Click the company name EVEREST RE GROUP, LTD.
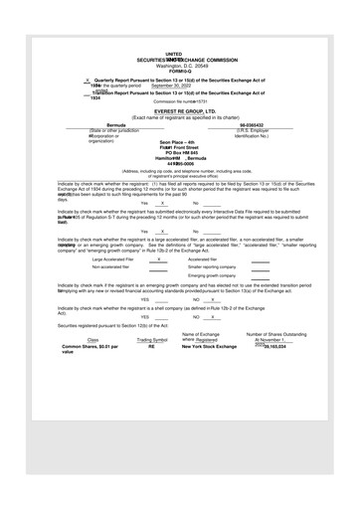coord(179,112)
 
